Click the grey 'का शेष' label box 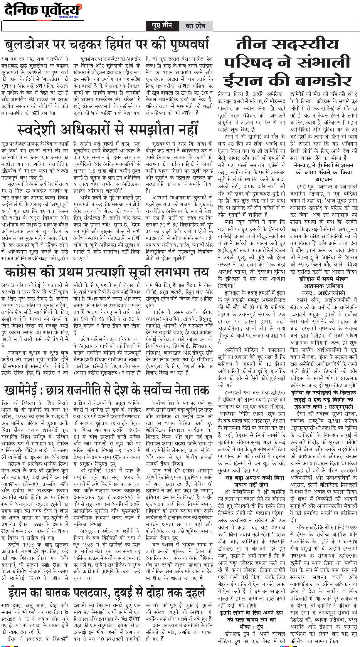(195, 26)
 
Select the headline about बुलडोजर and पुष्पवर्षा (107, 44)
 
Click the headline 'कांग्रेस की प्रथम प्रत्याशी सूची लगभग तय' (107, 271)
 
